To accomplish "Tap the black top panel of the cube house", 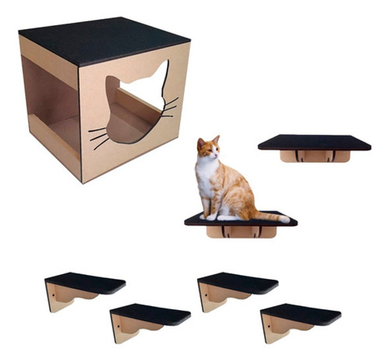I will click(x=102, y=40).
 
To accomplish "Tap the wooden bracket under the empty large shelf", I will click(x=313, y=156).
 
